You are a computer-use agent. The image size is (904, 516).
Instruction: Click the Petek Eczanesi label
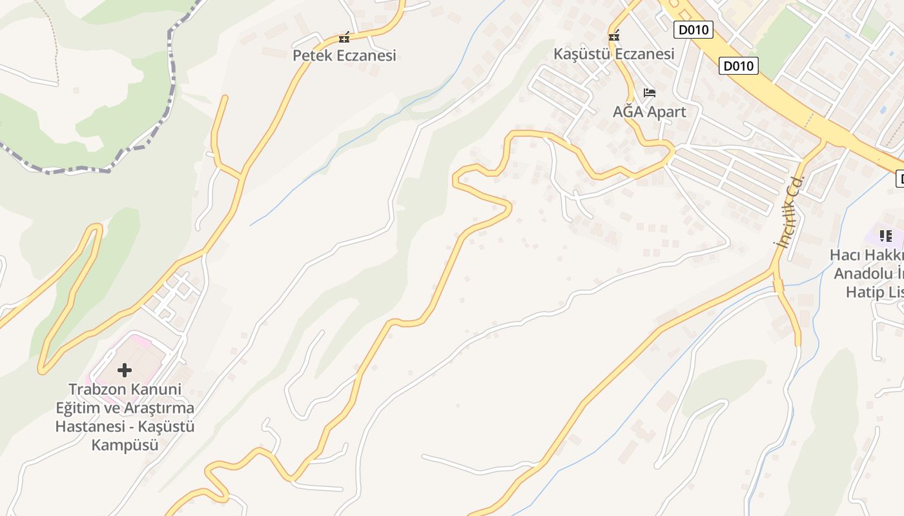pyautogui.click(x=344, y=55)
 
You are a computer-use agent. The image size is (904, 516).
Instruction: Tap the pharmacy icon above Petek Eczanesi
pyautogui.click(x=344, y=37)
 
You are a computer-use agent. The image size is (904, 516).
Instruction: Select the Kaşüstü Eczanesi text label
pyautogui.click(x=613, y=54)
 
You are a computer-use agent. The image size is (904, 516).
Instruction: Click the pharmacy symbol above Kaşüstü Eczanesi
pyautogui.click(x=614, y=36)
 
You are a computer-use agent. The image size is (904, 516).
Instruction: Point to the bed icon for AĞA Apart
pyautogui.click(x=649, y=94)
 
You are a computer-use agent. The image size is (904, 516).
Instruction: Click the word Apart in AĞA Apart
pyautogui.click(x=665, y=112)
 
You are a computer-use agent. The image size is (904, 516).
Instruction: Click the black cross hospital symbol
pyautogui.click(x=125, y=370)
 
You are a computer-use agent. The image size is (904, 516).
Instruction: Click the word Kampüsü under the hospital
pyautogui.click(x=125, y=445)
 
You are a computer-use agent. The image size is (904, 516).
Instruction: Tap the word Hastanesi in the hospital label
pyautogui.click(x=87, y=426)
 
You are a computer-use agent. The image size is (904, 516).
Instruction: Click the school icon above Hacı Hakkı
pyautogui.click(x=886, y=236)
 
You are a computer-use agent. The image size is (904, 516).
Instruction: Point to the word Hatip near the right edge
pyautogui.click(x=865, y=292)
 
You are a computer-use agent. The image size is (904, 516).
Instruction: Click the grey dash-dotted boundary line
pyautogui.click(x=172, y=77)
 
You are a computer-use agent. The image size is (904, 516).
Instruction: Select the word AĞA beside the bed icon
pyautogui.click(x=626, y=112)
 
